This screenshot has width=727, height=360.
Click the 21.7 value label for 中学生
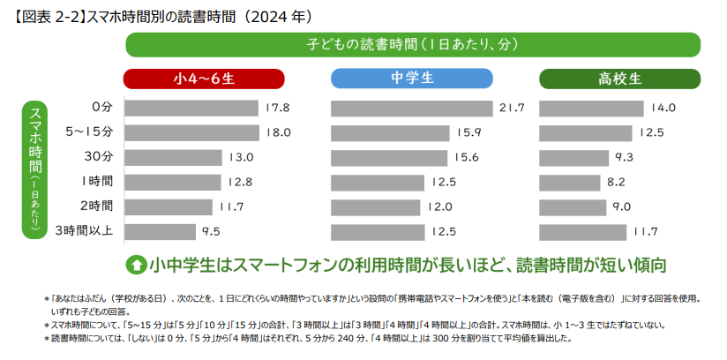pos(512,108)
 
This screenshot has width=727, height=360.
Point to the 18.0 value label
pos(278,132)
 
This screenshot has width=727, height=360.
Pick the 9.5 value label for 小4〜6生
pos(210,232)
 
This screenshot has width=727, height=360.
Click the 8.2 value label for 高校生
pos(616,182)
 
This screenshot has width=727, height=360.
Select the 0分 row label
pos(102,108)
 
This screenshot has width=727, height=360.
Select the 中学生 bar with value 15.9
pos(394,132)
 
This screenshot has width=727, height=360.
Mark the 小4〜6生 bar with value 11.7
pos(169,207)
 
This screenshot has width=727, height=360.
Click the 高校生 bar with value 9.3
pos(573,157)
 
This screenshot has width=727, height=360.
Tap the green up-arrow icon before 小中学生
pos(137,264)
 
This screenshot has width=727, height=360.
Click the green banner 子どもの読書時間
pos(413,44)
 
